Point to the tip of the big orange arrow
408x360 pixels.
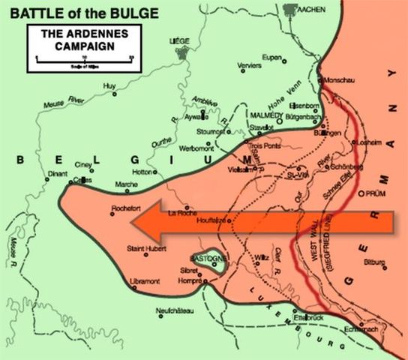coord(142,222)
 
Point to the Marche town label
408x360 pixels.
coord(126,184)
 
